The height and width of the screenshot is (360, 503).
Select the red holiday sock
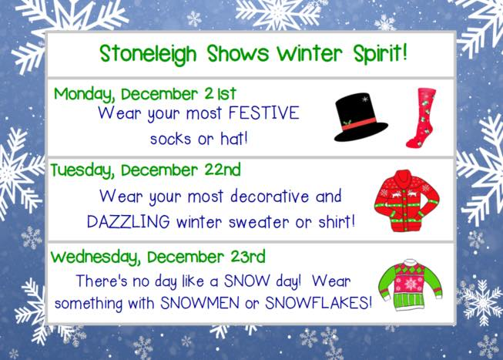point(421,117)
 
